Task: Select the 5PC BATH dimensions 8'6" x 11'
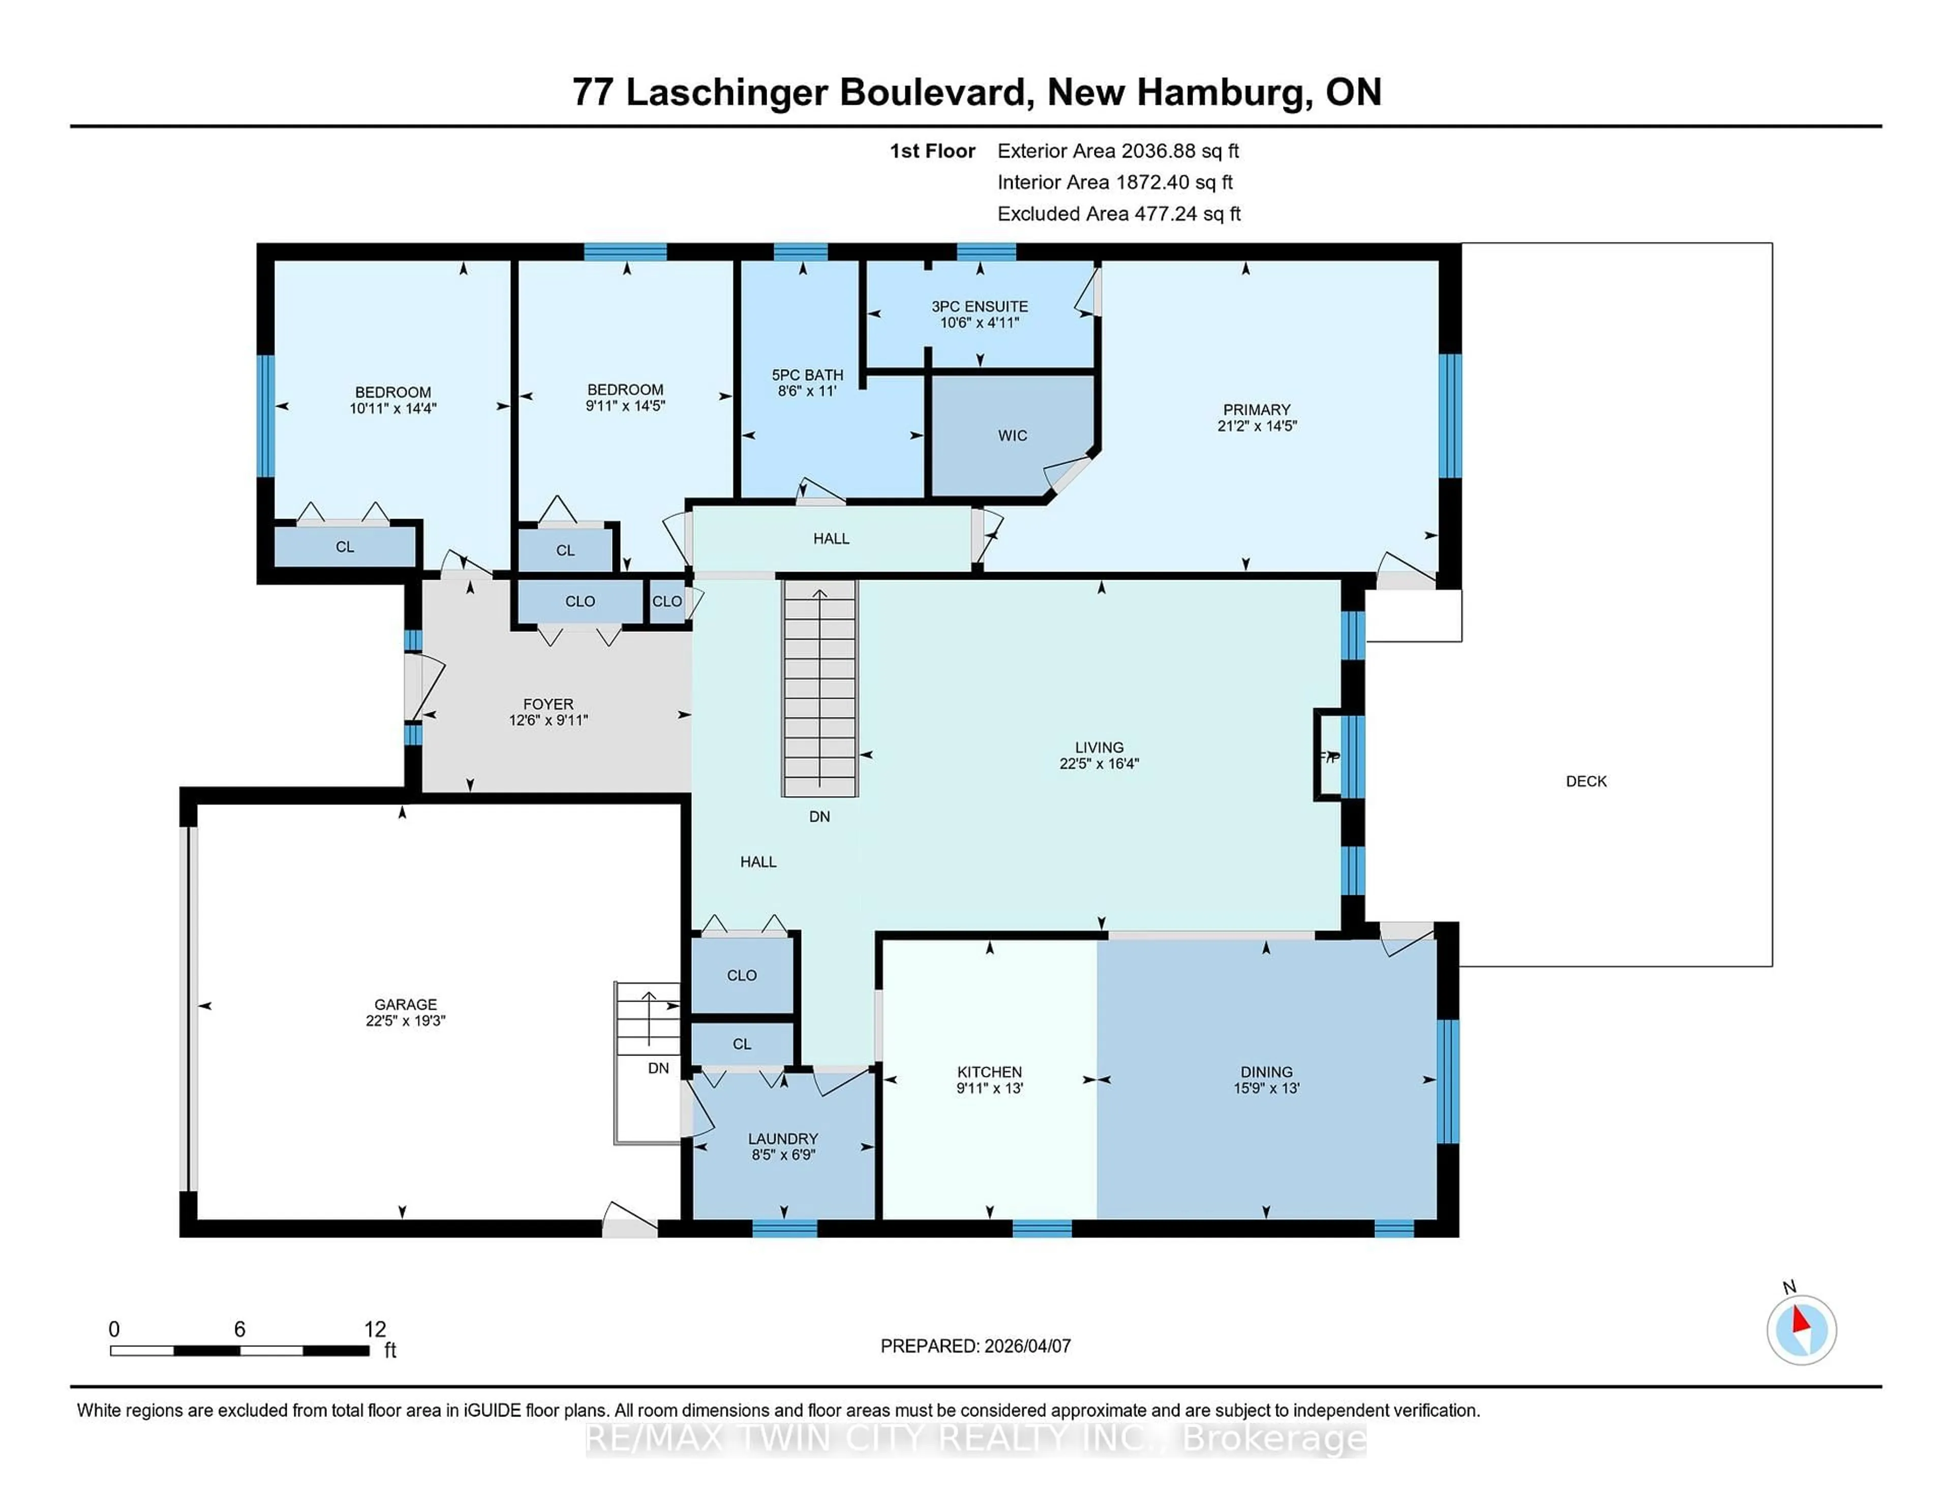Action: click(x=807, y=390)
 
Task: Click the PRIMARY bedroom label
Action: click(x=1256, y=409)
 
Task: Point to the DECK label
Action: click(x=1585, y=781)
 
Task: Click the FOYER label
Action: click(x=548, y=705)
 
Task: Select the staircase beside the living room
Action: click(x=819, y=688)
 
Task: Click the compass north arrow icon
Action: click(x=1800, y=1330)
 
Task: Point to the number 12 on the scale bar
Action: click(x=375, y=1330)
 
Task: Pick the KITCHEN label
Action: click(x=989, y=1072)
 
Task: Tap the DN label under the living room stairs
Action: click(x=819, y=816)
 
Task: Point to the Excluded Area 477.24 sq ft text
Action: click(x=1118, y=214)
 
